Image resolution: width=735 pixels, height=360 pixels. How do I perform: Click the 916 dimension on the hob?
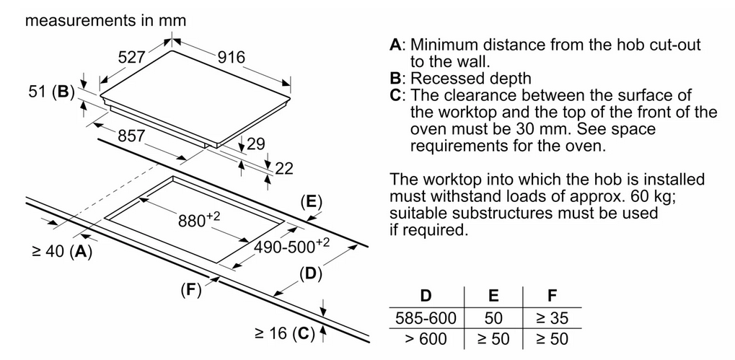[231, 57]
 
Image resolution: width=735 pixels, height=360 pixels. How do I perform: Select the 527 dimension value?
[131, 57]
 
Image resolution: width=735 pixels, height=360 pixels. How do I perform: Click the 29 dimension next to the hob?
[256, 144]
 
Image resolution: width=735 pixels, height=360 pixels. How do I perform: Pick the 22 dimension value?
[283, 168]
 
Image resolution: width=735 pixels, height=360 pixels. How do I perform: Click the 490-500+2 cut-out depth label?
[291, 245]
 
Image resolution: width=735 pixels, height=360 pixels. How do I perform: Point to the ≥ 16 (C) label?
[284, 333]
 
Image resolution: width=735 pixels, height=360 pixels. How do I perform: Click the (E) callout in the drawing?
[312, 203]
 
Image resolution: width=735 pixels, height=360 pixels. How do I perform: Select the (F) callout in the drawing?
[190, 290]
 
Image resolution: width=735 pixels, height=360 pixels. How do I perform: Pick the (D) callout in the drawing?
[311, 273]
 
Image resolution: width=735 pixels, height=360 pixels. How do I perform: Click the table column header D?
[426, 296]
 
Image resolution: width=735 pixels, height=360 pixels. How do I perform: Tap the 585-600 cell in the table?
[426, 318]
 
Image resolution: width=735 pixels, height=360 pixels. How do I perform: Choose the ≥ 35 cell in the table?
[552, 318]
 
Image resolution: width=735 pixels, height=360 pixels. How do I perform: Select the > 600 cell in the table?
[426, 338]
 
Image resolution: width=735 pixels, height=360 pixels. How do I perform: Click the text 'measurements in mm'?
[105, 20]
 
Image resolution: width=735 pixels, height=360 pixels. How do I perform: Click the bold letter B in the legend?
[395, 78]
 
